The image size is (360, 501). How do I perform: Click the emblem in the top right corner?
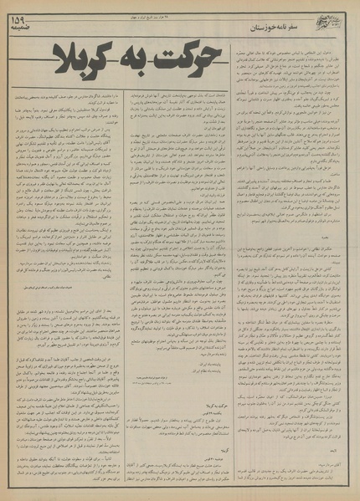coord(336,16)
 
